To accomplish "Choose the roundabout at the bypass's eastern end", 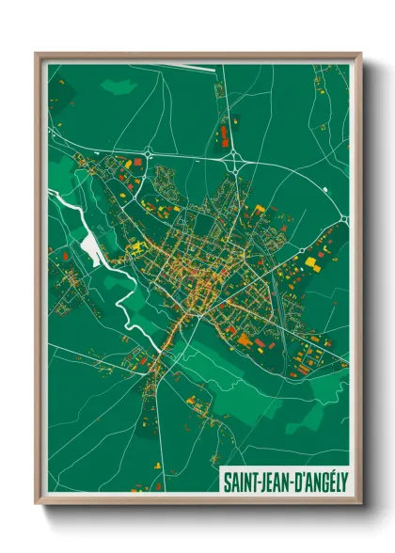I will [x=343, y=218].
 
